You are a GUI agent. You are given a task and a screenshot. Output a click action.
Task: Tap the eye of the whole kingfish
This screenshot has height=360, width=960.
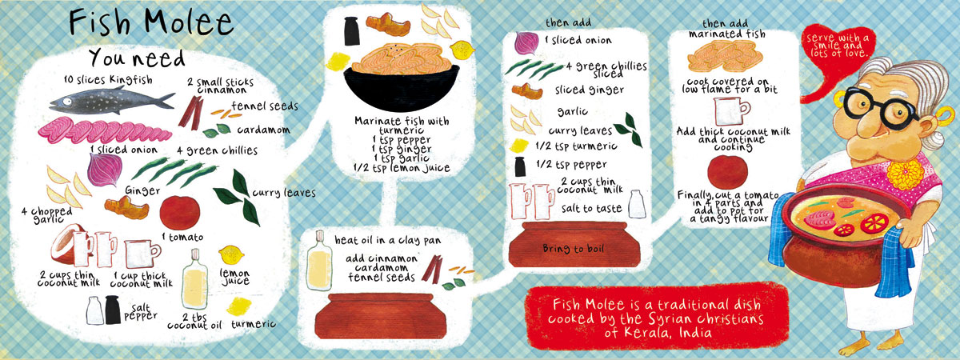coord(67,102)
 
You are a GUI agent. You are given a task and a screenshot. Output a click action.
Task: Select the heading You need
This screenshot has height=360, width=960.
coord(137,58)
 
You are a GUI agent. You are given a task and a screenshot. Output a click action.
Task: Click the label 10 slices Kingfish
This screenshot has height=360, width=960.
coord(107,80)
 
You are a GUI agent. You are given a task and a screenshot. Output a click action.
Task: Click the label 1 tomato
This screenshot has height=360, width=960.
coord(183,237)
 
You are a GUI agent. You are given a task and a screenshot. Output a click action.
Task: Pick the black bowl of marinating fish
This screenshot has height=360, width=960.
coord(401,86)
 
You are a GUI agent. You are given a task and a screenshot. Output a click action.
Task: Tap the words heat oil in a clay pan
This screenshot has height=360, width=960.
coord(388,240)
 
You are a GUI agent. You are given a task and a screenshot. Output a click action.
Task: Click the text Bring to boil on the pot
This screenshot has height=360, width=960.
coord(574,249)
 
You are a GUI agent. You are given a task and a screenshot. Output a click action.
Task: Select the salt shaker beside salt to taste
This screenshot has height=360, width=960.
coord(637,204)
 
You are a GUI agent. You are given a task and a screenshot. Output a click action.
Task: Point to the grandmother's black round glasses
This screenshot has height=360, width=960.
coord(884,107)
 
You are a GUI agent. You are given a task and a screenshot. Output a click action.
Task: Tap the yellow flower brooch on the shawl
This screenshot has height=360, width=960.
coord(906,175)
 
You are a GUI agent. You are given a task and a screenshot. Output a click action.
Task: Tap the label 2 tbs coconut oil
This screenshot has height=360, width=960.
coord(195,321)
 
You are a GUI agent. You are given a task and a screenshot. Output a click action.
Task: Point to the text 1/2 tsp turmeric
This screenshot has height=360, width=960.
coord(576,146)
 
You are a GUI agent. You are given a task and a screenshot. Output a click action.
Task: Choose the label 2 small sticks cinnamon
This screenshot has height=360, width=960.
coord(220,86)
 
